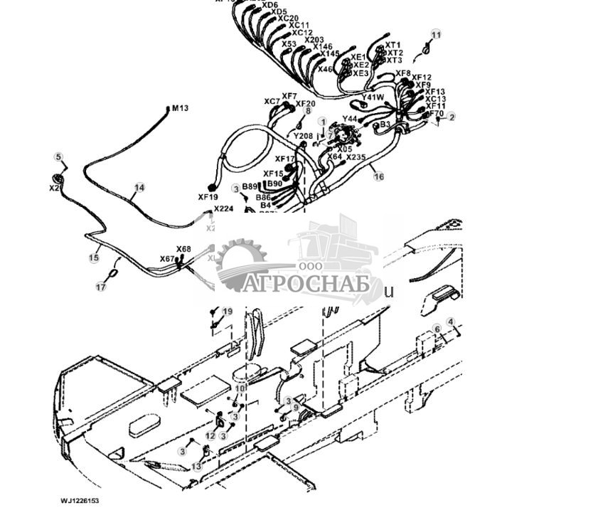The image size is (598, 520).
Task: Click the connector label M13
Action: [180, 108]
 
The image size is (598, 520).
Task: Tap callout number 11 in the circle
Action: [436, 35]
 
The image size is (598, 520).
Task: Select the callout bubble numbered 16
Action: [378, 176]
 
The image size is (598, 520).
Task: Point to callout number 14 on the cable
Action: [139, 188]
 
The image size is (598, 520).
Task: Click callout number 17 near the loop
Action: [101, 287]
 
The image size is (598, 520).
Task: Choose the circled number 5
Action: [59, 157]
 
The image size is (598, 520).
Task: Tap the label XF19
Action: [208, 197]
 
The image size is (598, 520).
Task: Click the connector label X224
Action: [223, 208]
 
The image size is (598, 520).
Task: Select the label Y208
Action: [303, 135]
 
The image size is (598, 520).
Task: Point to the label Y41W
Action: [373, 97]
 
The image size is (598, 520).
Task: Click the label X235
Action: [356, 157]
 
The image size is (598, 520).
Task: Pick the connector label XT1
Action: [394, 45]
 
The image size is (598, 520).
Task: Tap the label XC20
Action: [289, 18]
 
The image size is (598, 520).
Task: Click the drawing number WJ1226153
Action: [80, 501]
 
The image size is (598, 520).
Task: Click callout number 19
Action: [227, 312]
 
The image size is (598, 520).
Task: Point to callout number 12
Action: [210, 436]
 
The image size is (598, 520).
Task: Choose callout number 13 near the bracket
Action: [196, 467]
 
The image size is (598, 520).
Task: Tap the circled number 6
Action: [437, 329]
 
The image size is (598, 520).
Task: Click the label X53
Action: [289, 44]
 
